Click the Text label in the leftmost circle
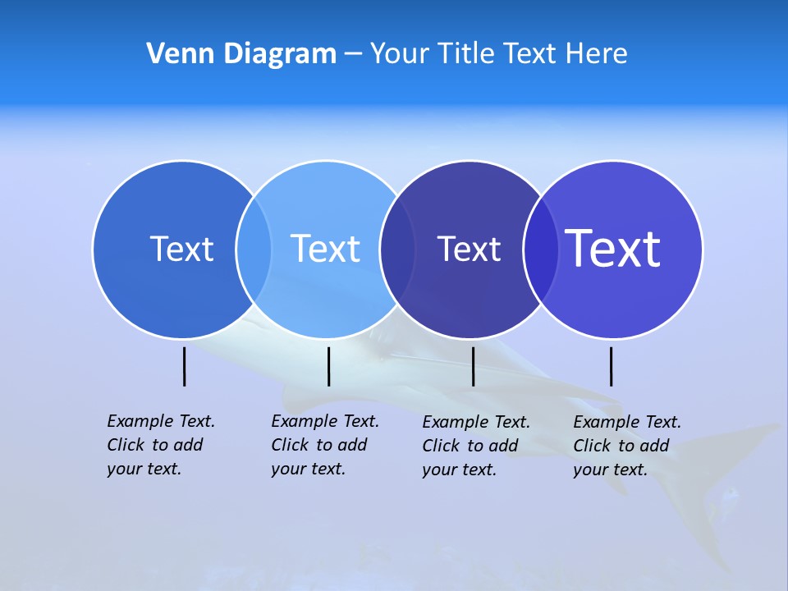tap(181, 249)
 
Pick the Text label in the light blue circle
tap(326, 249)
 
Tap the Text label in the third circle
tap(469, 249)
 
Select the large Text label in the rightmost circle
tap(613, 249)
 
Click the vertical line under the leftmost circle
tap(185, 366)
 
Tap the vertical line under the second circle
tap(328, 366)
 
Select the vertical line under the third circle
tap(474, 366)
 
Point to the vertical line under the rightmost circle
tap(611, 366)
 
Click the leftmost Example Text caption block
tap(160, 445)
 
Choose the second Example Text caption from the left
tap(324, 445)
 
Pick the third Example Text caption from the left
tap(475, 446)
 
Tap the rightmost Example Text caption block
tap(626, 446)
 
